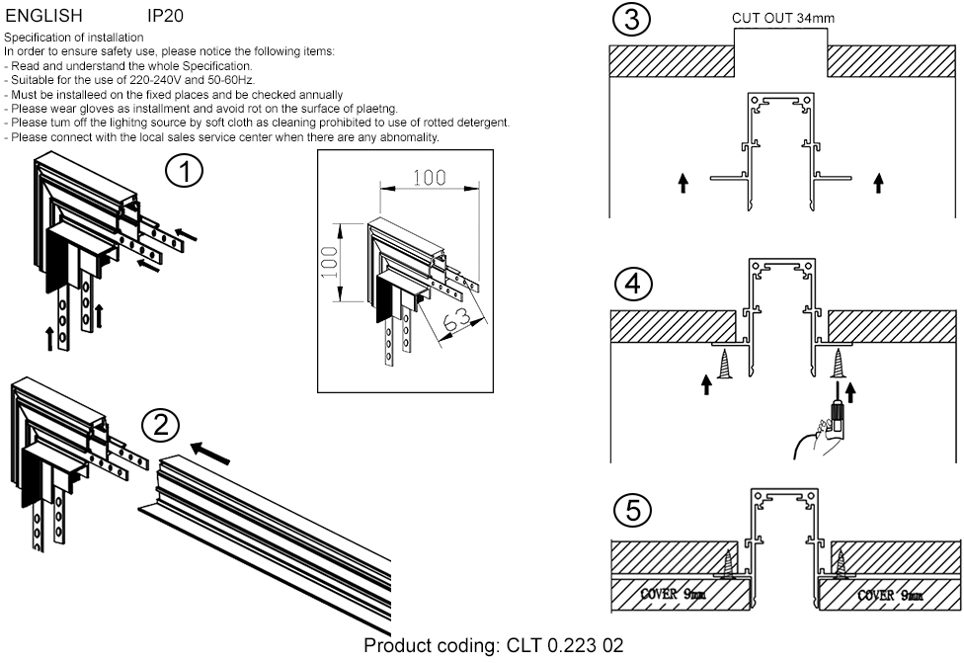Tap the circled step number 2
click(x=160, y=426)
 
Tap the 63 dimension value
click(x=455, y=319)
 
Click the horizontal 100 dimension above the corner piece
click(x=429, y=179)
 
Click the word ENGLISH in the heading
click(x=43, y=16)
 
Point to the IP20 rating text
click(x=164, y=16)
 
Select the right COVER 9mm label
click(x=890, y=595)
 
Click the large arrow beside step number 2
click(x=208, y=454)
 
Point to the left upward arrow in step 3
click(x=682, y=184)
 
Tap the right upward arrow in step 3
click(x=879, y=184)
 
